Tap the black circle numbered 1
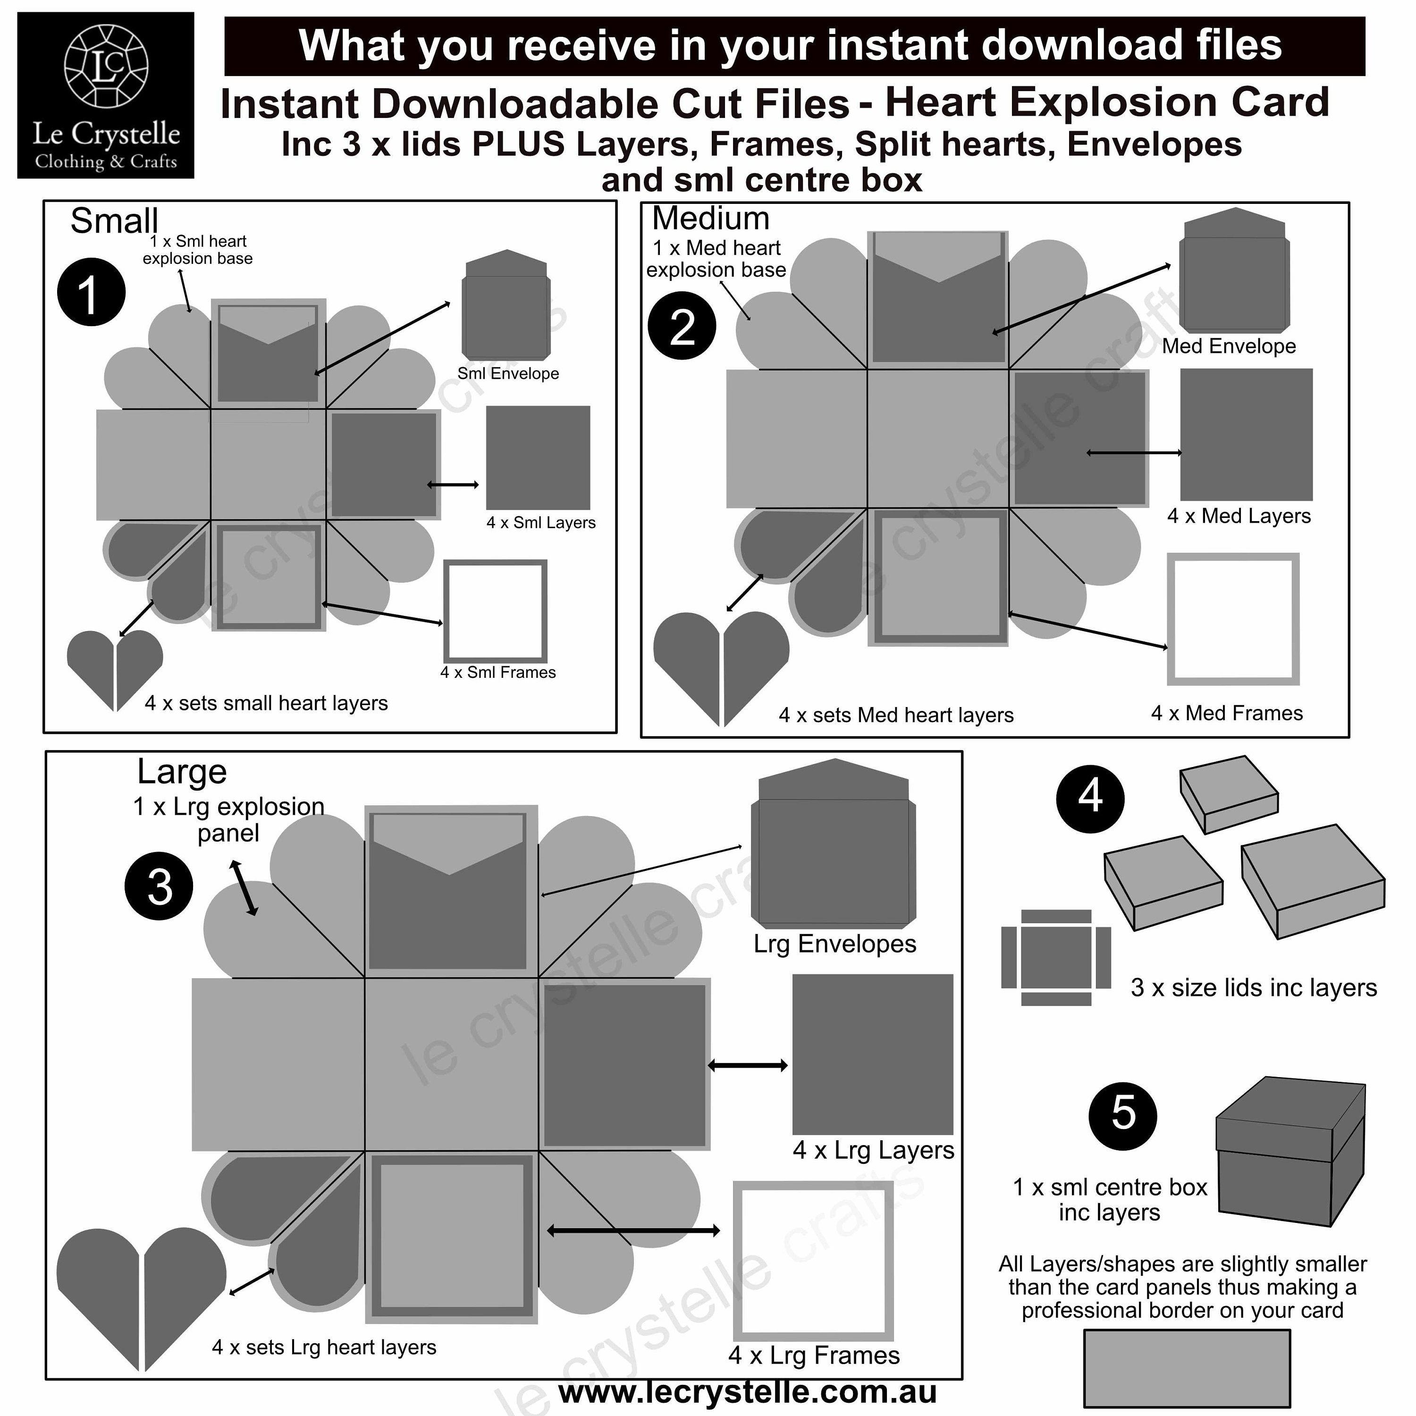(91, 292)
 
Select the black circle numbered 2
(682, 325)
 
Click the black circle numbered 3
(159, 885)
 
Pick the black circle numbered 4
(1090, 799)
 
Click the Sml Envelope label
(508, 374)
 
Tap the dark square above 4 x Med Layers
(1246, 435)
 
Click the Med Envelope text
(1228, 346)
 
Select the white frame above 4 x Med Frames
(1233, 619)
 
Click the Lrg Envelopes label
(835, 944)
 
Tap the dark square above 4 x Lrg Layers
(872, 1054)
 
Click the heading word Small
(114, 220)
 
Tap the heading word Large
(182, 772)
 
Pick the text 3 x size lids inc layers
(1253, 987)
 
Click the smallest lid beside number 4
(1229, 794)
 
